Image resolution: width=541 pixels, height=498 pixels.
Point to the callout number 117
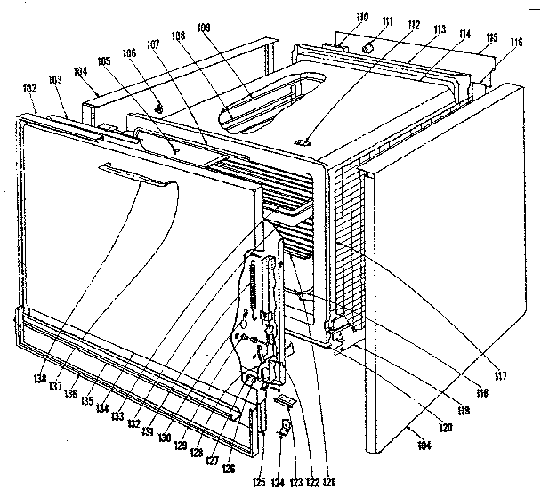(x=500, y=375)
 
